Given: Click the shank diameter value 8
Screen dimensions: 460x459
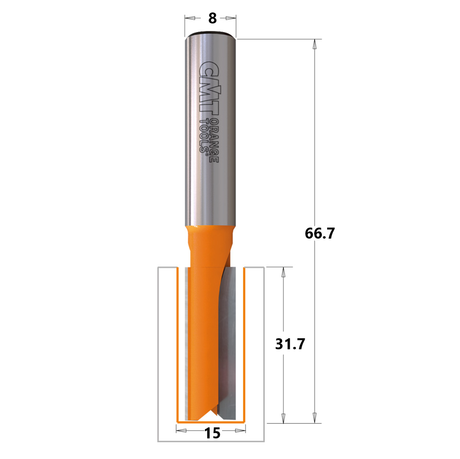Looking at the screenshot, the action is click(212, 18).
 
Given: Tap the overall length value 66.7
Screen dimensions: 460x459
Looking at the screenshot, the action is click(320, 233).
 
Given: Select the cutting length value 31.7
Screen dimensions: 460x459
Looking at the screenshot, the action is click(290, 344).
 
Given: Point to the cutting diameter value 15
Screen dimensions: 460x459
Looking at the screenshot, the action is click(212, 433).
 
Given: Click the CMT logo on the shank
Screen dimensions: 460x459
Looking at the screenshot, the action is click(209, 88).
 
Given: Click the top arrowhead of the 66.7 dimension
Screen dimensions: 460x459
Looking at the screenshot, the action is click(315, 44).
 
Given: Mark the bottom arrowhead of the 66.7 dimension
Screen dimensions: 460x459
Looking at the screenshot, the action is click(315, 418).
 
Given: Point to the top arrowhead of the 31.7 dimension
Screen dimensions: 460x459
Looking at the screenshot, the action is click(283, 272).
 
